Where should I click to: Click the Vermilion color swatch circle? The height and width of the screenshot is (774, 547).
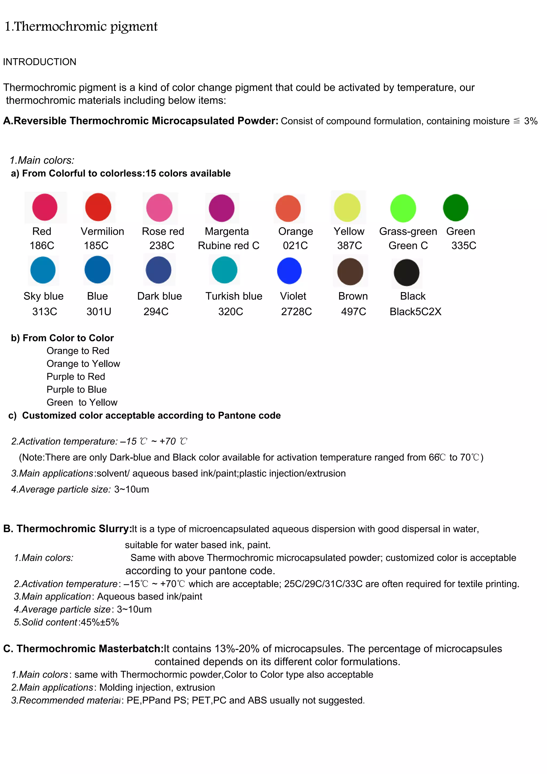click(x=98, y=207)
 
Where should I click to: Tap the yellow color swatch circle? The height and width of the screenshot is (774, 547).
click(x=347, y=207)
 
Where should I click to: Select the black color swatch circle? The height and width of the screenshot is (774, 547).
click(x=407, y=272)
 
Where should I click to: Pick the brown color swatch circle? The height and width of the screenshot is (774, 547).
click(x=350, y=272)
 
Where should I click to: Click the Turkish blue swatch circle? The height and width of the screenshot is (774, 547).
click(x=224, y=270)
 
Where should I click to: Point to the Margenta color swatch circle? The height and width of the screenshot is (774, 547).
click(x=221, y=208)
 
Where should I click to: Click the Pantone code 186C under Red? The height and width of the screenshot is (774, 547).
click(x=42, y=245)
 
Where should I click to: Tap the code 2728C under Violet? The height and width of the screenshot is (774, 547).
click(x=296, y=311)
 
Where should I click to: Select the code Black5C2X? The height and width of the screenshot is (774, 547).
click(x=415, y=311)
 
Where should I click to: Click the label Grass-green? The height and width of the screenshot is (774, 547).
click(x=408, y=231)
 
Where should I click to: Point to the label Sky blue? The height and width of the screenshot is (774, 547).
click(x=44, y=296)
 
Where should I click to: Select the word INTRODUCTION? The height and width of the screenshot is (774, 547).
click(x=40, y=62)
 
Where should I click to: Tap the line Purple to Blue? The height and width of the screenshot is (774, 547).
click(x=76, y=389)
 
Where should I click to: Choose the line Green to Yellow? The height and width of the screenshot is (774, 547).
click(x=82, y=402)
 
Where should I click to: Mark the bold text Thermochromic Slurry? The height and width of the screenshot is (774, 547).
click(x=67, y=529)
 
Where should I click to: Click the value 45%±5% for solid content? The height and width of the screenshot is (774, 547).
click(x=100, y=622)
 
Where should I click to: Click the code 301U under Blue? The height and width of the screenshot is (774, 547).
click(x=99, y=311)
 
